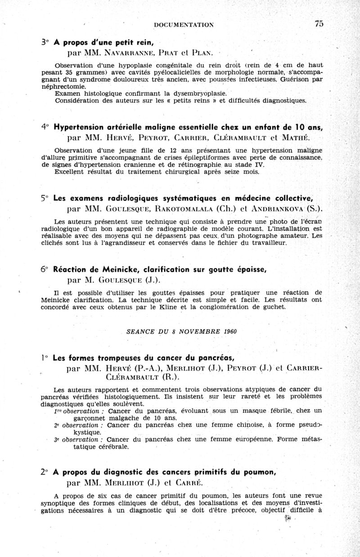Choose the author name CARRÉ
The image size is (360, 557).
[189, 483]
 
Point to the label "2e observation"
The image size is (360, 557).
[79, 426]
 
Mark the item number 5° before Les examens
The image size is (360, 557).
[44, 198]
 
